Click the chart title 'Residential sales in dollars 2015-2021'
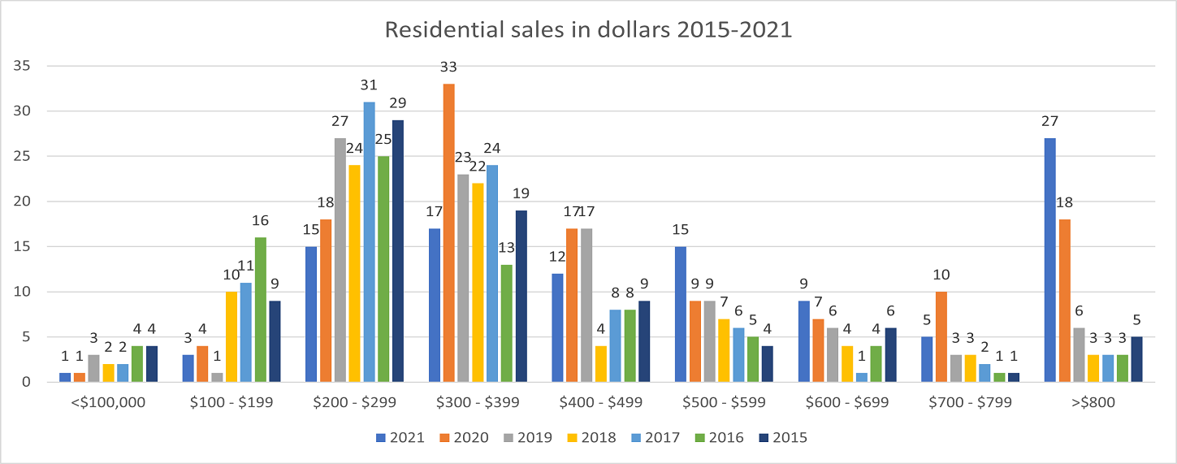(x=587, y=30)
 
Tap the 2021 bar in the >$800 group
(x=1049, y=260)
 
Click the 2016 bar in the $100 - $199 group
(x=260, y=310)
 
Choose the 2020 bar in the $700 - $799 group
(x=941, y=336)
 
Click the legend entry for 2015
(x=782, y=437)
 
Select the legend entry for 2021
(x=399, y=437)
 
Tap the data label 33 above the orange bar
(x=448, y=68)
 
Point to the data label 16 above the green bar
(x=260, y=221)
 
